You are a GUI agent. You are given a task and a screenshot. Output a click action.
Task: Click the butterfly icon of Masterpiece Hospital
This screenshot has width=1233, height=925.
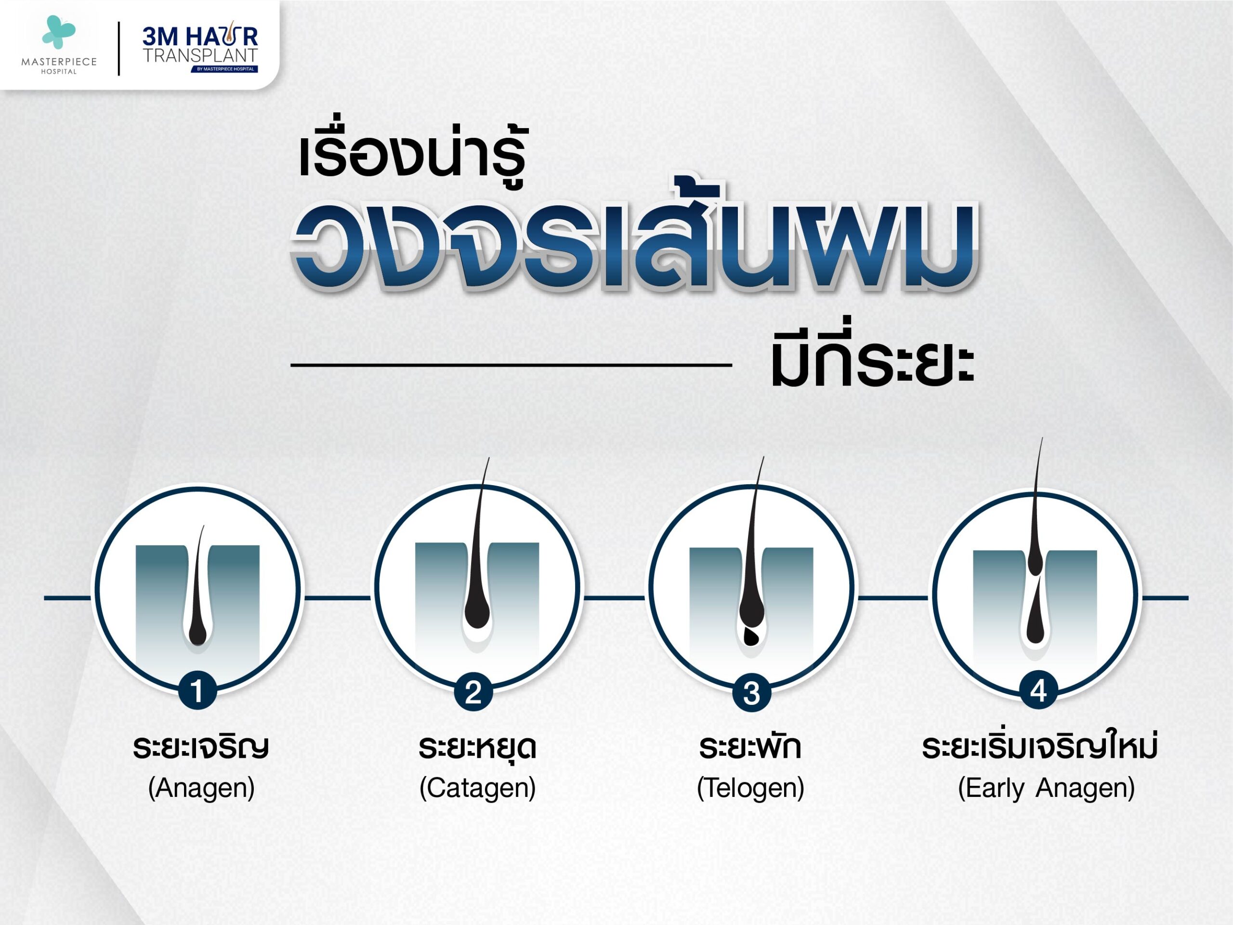[x=59, y=32]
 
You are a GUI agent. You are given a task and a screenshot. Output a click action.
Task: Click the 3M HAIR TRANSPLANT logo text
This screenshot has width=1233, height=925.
[x=200, y=49]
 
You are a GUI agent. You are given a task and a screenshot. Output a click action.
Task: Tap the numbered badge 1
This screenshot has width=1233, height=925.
[x=197, y=691]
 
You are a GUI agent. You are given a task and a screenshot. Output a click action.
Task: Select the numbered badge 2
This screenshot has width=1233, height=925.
[x=473, y=692]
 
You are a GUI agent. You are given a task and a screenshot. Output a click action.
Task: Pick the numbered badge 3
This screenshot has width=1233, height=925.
[x=751, y=693]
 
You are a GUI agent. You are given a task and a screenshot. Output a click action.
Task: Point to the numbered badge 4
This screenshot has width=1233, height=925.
[x=1038, y=691]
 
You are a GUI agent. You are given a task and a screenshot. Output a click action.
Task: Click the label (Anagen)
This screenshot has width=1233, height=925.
[x=201, y=789]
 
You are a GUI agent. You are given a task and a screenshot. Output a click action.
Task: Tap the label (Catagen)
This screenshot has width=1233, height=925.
[x=478, y=789]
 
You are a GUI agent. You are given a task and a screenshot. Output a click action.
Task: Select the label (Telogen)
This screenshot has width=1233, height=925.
[x=750, y=789]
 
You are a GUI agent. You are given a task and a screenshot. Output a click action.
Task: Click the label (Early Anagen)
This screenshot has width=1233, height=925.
[x=1046, y=789]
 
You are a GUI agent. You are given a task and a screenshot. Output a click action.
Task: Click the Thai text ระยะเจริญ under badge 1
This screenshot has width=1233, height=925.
[x=201, y=748]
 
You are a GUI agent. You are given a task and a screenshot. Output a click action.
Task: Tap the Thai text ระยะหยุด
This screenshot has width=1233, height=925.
[x=477, y=747]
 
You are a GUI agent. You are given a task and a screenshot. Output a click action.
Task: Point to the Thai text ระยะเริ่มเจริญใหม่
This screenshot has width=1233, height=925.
[x=1040, y=745]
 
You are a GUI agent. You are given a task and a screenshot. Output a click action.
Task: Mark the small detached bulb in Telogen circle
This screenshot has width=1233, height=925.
[x=751, y=637]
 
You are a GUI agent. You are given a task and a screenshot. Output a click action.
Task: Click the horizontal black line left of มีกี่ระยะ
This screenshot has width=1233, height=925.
[x=511, y=365]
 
